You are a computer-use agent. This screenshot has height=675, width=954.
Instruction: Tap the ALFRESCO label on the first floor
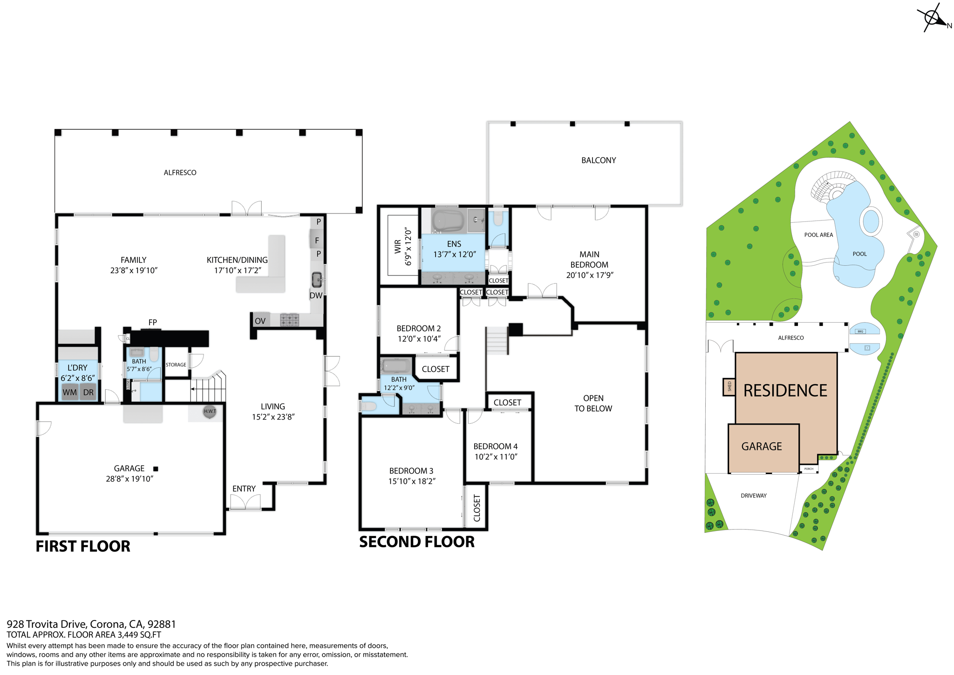tap(180, 172)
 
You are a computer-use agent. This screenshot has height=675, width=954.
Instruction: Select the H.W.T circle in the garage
tap(210, 411)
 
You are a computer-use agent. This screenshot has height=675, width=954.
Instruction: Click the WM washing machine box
tap(69, 392)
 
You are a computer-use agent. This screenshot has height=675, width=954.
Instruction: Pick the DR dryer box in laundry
tap(89, 392)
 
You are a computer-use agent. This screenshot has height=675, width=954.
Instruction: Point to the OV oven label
tap(260, 321)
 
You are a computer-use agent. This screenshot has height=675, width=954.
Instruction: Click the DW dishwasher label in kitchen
tap(316, 295)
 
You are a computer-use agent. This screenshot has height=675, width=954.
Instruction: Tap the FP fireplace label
tap(152, 322)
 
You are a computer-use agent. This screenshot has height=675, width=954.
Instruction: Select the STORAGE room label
tap(176, 365)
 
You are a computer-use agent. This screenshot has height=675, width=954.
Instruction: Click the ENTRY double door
tap(245, 503)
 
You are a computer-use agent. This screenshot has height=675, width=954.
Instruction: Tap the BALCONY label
tap(599, 160)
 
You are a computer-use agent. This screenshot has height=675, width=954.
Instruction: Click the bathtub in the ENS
tap(448, 220)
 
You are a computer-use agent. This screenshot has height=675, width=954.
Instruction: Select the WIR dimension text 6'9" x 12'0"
tap(409, 247)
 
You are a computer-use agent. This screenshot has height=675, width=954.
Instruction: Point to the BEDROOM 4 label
tap(495, 446)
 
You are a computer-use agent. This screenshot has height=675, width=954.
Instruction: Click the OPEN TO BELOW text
tap(593, 403)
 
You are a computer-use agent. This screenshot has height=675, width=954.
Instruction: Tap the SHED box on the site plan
tap(729, 387)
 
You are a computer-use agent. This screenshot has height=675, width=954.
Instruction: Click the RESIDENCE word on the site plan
tap(785, 391)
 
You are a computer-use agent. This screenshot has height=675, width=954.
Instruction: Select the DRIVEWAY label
tap(753, 496)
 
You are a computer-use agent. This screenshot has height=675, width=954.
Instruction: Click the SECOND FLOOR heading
tap(417, 542)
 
